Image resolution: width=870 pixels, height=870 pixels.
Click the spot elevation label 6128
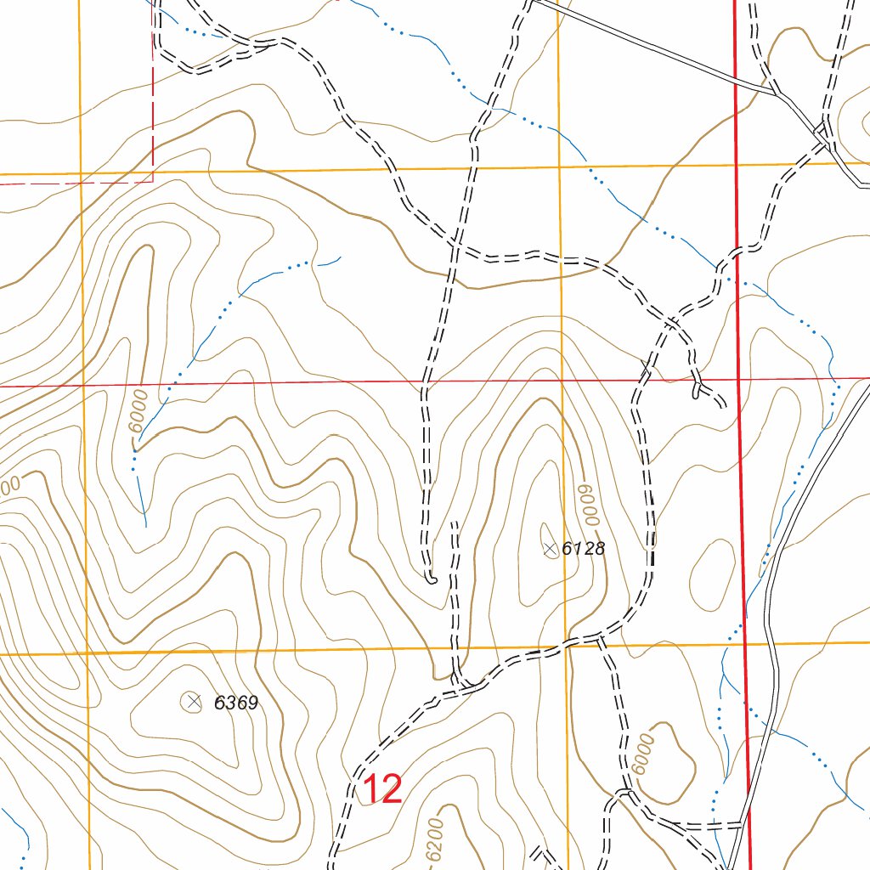coord(584,549)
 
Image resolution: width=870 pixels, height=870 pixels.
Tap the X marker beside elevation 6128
coord(550,550)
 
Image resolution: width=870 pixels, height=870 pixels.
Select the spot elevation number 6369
coord(235,703)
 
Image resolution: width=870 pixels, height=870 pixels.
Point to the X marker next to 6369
coord(193,701)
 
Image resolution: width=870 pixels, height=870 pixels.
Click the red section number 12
coord(381,789)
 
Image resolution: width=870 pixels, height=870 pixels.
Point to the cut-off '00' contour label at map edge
coord(8,487)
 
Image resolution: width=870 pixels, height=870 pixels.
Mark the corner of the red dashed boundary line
coord(153,180)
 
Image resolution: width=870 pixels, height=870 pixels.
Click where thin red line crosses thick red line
coord(738,379)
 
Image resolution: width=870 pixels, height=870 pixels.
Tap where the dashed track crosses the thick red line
coord(736,248)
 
